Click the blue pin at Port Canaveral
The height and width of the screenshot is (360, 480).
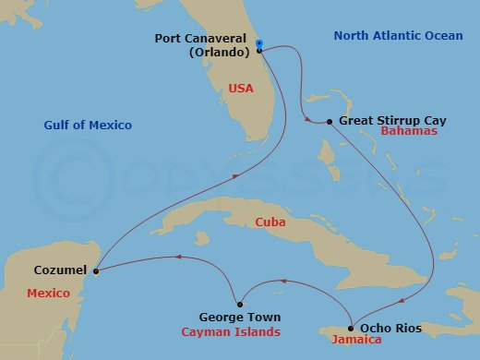pos(258,43)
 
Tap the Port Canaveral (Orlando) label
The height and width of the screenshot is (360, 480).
pos(208,45)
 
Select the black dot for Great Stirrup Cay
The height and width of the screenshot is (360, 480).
pos(330,122)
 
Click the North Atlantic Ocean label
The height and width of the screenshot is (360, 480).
pos(384,36)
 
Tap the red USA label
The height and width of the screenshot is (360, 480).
pos(240,89)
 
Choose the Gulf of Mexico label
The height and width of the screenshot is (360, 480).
pos(88,125)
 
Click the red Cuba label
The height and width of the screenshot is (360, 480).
pos(272,222)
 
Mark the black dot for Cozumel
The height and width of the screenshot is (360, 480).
pos(95,270)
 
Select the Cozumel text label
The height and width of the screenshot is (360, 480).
pos(60,270)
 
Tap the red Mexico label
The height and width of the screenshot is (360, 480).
pos(48,293)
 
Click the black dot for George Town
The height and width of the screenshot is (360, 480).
pos(239,304)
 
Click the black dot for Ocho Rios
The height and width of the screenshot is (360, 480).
pos(351,328)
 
